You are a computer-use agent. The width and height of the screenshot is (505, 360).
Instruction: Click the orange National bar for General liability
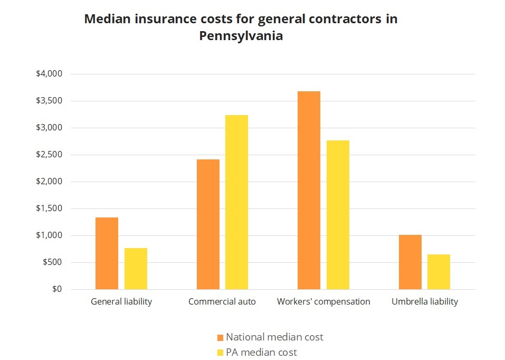pos(107,253)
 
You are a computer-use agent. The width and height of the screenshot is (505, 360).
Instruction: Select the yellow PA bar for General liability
pos(136,269)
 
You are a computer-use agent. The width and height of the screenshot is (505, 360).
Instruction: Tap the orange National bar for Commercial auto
pos(208,224)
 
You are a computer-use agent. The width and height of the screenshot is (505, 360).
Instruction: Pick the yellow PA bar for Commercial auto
pos(236,202)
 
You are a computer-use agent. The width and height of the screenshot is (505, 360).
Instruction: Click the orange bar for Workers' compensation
pos(309,190)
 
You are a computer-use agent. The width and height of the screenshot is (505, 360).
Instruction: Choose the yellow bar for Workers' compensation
pos(338,215)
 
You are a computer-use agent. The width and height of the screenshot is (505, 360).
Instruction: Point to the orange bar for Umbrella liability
pos(410,262)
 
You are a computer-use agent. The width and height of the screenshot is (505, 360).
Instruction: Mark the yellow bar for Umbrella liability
pos(439,272)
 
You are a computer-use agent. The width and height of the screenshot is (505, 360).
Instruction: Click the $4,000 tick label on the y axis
pos(49,74)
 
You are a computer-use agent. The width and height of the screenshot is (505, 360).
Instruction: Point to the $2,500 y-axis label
pos(49,155)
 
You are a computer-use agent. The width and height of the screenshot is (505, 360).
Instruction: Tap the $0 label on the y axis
pos(55,289)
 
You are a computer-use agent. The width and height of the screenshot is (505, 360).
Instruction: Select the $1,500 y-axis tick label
pos(49,209)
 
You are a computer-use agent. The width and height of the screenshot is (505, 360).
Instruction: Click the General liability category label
pos(121,302)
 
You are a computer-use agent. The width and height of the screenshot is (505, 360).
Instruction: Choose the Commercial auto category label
pos(222,302)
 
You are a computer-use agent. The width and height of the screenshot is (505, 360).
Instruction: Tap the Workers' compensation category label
pos(323,302)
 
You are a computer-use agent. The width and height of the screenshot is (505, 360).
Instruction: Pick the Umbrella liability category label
pos(425,302)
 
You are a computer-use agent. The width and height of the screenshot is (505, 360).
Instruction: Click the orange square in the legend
pos(221,337)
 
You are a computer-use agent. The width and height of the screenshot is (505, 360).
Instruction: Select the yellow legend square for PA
pos(221,352)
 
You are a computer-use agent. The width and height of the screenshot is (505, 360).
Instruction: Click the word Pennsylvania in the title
pos(241,37)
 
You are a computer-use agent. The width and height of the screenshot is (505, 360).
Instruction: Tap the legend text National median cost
pos(274,337)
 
